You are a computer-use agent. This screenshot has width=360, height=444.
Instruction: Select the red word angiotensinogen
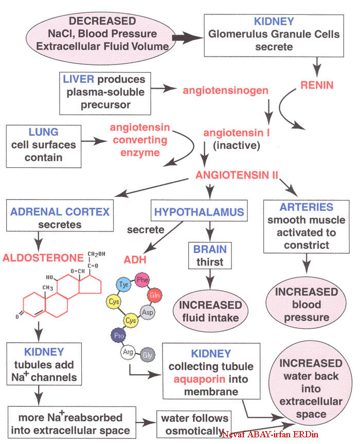[226, 91]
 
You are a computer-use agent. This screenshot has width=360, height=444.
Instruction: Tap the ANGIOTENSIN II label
[237, 175]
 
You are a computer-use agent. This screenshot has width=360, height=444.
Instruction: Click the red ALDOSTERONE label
[44, 257]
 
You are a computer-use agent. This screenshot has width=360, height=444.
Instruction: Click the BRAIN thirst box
[209, 255]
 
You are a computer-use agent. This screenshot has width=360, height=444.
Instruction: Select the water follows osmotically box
[194, 423]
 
